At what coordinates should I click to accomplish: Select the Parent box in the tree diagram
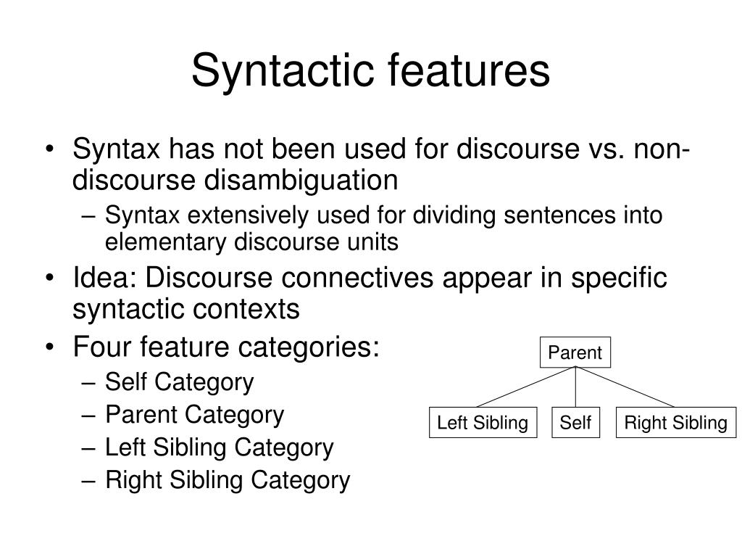point(575,352)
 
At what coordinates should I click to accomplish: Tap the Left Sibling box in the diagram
point(483,422)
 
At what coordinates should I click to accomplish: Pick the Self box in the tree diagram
point(575,422)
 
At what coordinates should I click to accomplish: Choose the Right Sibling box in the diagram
point(676,422)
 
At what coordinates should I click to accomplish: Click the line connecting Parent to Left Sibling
point(526,387)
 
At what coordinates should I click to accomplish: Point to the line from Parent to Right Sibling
point(625,387)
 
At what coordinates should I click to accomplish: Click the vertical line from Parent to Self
point(575,387)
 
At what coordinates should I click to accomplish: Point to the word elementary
point(165,242)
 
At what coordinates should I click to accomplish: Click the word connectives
point(357,277)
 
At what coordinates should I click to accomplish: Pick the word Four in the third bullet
point(101,346)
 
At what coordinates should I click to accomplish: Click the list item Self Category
point(180,382)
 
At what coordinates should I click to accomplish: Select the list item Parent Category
point(194,416)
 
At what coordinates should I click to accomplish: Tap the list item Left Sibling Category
point(219,448)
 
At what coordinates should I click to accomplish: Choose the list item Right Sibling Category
point(228,481)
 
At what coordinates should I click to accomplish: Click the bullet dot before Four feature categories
point(50,347)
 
